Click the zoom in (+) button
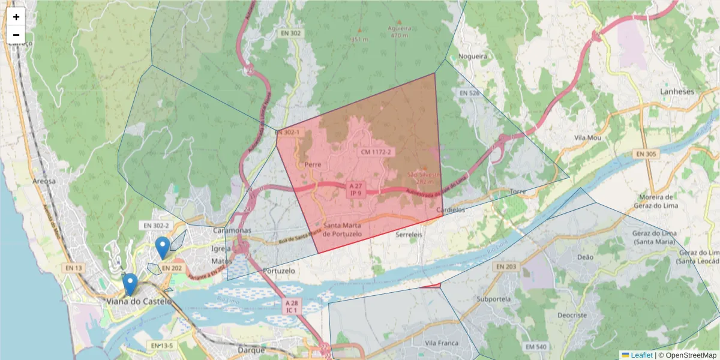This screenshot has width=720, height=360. coord(16,17)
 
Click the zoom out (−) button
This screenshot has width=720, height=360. coord(16,35)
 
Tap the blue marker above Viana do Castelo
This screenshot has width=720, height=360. coord(130,284)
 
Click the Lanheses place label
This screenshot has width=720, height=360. coord(677,92)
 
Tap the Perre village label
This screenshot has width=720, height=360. coord(313,164)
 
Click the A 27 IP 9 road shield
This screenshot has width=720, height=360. coord(355,190)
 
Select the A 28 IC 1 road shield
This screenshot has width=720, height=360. coord(292,306)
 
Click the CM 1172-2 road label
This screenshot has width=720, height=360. coord(376,152)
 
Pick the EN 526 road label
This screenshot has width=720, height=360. coord(469,93)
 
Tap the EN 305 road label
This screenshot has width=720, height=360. coord(646,154)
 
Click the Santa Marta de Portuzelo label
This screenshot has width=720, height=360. coord(342,230)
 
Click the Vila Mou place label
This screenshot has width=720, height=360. coord(587,137)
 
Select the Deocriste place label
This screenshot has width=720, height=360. coord(572,314)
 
